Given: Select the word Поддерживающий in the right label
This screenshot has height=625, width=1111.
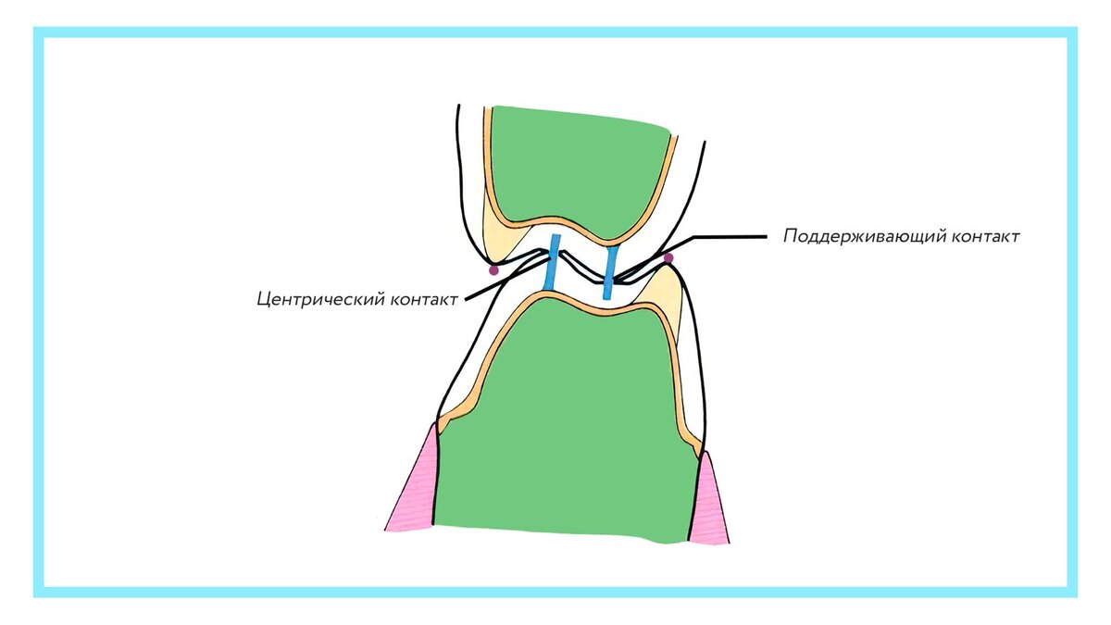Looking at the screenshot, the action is point(867,236).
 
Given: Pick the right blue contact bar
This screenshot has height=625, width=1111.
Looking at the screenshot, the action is point(610,272).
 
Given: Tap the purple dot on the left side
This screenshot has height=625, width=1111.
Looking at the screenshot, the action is point(493,270).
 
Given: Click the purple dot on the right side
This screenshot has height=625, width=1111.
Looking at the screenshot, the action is point(668,258).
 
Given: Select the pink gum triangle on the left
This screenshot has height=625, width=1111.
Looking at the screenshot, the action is point(416,491).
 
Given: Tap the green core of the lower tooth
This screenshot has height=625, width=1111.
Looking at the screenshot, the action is point(565,426).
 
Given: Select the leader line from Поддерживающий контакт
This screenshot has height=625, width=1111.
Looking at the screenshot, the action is point(722,237).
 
